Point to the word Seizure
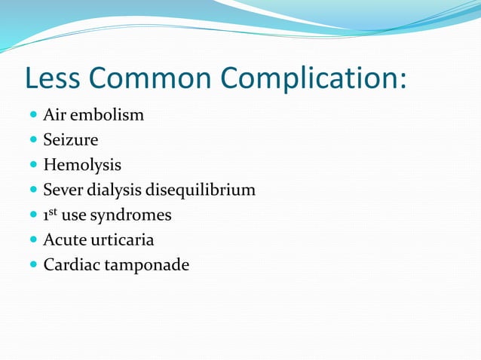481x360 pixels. [71, 140]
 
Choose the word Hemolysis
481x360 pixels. [82, 165]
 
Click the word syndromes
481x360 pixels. [132, 215]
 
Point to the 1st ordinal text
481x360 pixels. [51, 215]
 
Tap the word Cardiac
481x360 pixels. [69, 264]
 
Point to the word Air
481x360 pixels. [54, 116]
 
